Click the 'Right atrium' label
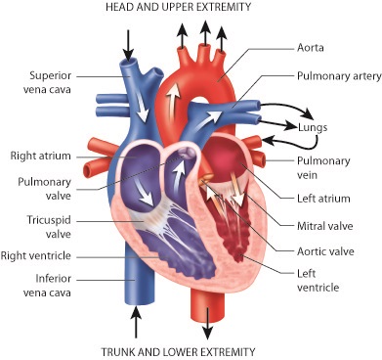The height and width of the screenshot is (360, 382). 37,155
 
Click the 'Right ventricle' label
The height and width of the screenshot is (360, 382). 41,255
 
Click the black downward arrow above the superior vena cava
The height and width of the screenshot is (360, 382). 128,42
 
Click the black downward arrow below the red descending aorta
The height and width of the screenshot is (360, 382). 208,321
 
